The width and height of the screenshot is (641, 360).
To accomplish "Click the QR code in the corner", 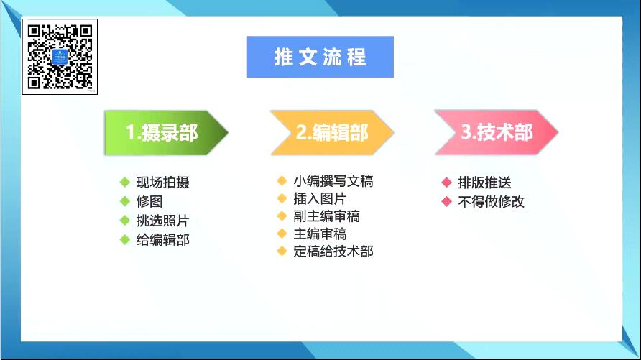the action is click(x=60, y=57).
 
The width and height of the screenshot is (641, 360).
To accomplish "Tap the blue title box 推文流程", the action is click(x=320, y=57).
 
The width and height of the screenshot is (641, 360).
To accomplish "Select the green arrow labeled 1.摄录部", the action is click(x=166, y=133).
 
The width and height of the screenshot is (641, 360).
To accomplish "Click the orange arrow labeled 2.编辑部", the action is click(x=332, y=133).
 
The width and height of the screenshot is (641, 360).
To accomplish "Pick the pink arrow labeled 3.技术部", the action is click(x=497, y=132).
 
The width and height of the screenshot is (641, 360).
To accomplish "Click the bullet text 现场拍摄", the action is click(x=162, y=183).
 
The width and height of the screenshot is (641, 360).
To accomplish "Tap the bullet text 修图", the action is click(x=149, y=201).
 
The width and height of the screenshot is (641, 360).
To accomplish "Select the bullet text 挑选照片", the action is click(x=162, y=221).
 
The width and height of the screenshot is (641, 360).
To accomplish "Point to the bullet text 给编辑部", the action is click(x=162, y=240).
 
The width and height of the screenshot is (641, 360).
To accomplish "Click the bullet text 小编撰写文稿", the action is click(x=333, y=181).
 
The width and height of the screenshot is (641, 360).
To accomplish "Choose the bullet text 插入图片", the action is click(x=320, y=198).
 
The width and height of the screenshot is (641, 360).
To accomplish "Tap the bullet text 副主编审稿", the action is click(x=327, y=216).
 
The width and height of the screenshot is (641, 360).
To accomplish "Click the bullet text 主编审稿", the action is click(x=320, y=234).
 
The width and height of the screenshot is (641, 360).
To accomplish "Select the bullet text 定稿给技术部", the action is click(x=333, y=251).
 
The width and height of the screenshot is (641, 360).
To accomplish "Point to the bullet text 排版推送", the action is click(x=484, y=183).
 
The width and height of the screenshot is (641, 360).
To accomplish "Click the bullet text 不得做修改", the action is click(x=491, y=201).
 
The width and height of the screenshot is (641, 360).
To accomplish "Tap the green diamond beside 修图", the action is click(x=125, y=201).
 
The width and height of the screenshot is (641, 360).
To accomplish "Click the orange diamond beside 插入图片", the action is click(x=282, y=198).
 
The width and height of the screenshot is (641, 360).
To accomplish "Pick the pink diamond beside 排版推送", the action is click(x=446, y=183).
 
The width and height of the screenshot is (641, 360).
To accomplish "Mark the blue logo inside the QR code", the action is click(x=60, y=57).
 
